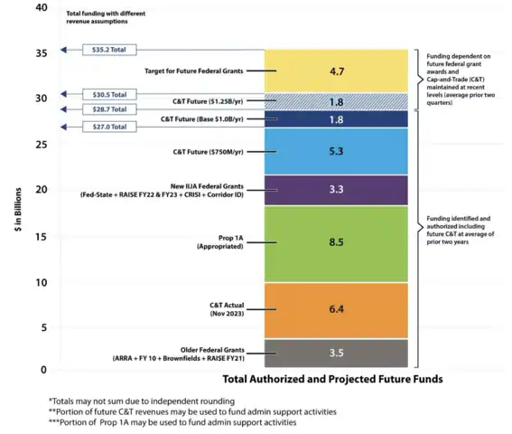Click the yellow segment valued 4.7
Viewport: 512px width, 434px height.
[x=336, y=70]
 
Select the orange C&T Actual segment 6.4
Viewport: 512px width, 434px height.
[x=336, y=309]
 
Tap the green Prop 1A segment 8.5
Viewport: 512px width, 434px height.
[x=336, y=242]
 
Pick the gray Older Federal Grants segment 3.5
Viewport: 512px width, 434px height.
[x=336, y=353]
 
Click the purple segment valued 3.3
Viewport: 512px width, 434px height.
[x=336, y=190]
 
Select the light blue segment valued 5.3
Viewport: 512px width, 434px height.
[x=336, y=151]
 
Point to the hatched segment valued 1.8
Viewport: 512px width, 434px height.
[x=336, y=101]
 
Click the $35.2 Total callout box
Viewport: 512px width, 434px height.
[x=109, y=51]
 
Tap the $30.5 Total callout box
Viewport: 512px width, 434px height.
[x=109, y=94]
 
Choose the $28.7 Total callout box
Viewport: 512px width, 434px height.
[x=109, y=108]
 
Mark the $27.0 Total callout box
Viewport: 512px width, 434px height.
[x=109, y=127]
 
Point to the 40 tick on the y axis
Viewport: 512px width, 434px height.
[x=40, y=8]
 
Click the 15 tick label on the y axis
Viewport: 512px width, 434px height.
[x=40, y=236]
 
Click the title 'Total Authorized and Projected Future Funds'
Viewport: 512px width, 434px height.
[x=332, y=379]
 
